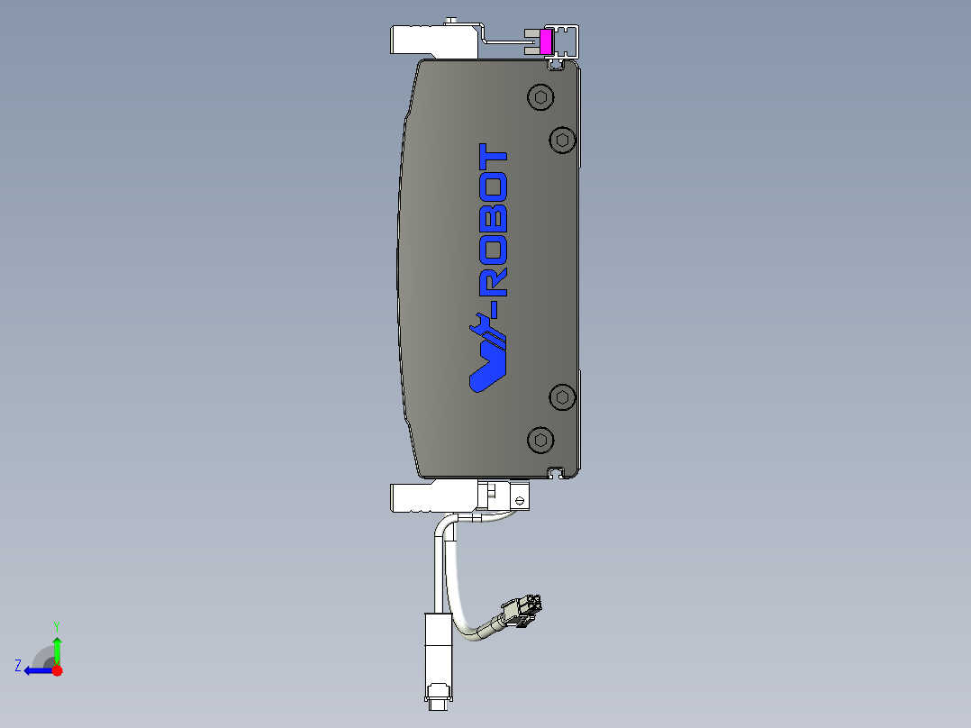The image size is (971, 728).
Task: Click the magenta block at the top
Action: tap(545, 41)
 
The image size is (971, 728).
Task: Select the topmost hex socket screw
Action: tap(540, 97)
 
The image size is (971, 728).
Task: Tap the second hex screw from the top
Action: tap(562, 140)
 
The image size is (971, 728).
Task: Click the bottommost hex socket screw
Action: tap(540, 440)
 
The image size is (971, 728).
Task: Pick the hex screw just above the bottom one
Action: tap(563, 396)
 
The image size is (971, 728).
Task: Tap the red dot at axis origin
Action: tap(57, 670)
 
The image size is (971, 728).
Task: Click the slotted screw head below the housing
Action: tap(520, 496)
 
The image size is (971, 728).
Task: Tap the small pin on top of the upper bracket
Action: tap(451, 20)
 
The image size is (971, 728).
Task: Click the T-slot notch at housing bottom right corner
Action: tap(558, 471)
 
